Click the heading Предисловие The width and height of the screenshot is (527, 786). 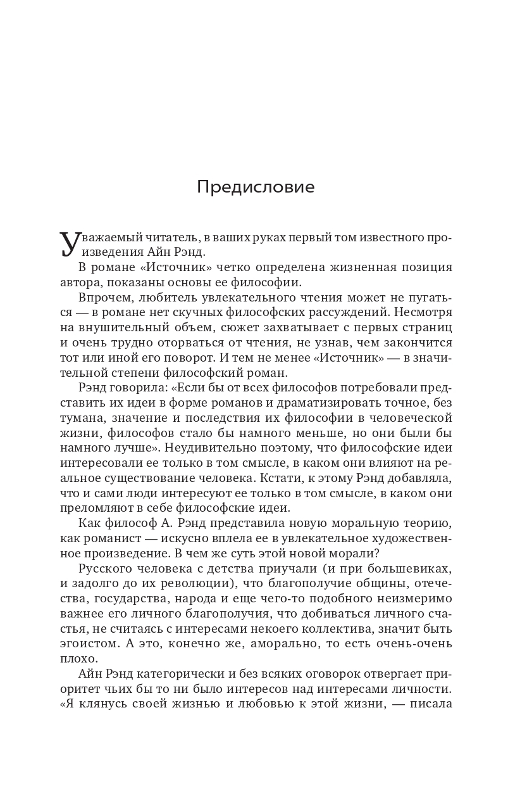point(256,187)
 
